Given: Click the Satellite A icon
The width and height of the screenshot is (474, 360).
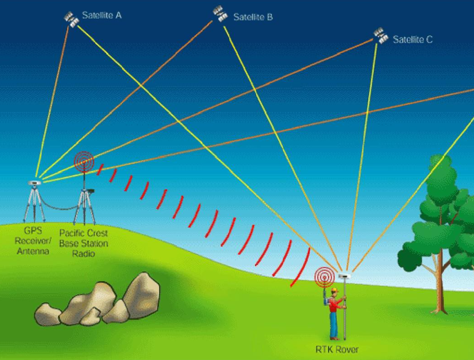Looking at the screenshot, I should tap(71, 19).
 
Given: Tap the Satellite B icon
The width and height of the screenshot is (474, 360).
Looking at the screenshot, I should tap(220, 14).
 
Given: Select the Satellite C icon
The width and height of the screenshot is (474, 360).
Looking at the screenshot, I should tap(381, 35).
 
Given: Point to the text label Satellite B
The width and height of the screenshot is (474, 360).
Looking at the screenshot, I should tap(252, 18).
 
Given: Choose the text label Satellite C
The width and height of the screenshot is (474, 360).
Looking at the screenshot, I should tap(413, 40).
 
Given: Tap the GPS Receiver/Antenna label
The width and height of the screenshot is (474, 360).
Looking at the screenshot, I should tap(33, 242).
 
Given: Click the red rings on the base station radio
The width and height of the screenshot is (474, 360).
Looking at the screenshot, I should tap(84, 162).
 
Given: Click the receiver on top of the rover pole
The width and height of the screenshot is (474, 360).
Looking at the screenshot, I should tap(343, 276).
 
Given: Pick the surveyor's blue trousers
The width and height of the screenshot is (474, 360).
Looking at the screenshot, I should tap(334, 327).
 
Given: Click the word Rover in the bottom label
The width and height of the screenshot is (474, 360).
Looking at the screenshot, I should tap(347, 350).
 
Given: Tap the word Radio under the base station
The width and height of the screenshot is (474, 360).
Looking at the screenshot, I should tap(84, 253).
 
